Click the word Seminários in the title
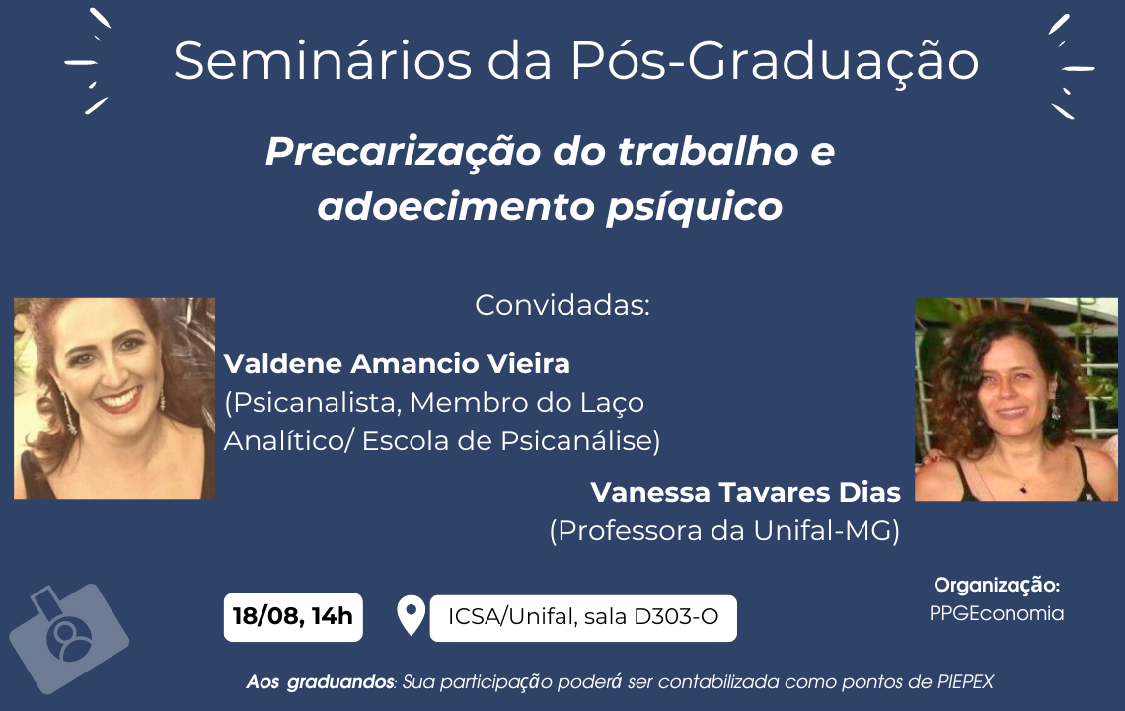tap(322, 61)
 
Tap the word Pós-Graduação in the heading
tap(775, 63)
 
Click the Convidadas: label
tap(562, 305)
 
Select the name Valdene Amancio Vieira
tap(397, 363)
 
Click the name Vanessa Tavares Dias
tap(745, 492)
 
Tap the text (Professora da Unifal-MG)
tap(724, 531)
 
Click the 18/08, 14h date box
tap(293, 617)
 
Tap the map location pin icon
tap(412, 615)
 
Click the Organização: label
tap(997, 586)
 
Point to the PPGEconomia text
tap(997, 613)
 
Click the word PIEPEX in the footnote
tap(965, 681)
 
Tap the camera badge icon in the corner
tap(68, 638)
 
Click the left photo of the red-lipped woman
tap(114, 399)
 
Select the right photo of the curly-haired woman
tap(1015, 399)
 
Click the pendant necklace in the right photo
tap(1024, 490)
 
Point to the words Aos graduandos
tap(320, 682)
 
